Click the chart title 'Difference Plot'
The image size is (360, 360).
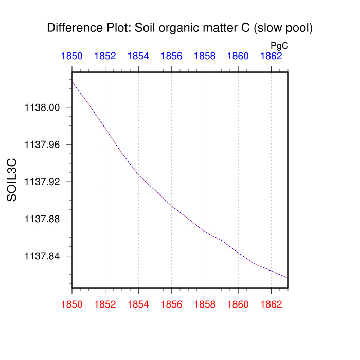pyautogui.click(x=180, y=28)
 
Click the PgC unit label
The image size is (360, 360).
pyautogui.click(x=279, y=46)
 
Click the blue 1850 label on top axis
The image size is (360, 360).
pyautogui.click(x=72, y=56)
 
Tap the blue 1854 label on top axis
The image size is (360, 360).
pyautogui.click(x=138, y=56)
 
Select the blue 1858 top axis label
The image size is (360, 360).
pyautogui.click(x=205, y=56)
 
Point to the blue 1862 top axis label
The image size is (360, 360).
pyautogui.click(x=271, y=56)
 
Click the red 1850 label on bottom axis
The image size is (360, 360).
pyautogui.click(x=72, y=304)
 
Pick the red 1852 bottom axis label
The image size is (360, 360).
pyautogui.click(x=105, y=304)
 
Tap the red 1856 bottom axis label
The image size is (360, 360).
pyautogui.click(x=172, y=304)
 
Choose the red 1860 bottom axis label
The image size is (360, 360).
pyautogui.click(x=238, y=304)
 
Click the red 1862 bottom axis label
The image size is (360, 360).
pyautogui.click(x=271, y=304)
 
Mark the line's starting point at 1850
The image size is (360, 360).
pyautogui.click(x=73, y=82)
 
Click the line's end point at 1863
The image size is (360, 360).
pyautogui.click(x=287, y=278)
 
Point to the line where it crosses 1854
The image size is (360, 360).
pyautogui.click(x=138, y=175)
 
